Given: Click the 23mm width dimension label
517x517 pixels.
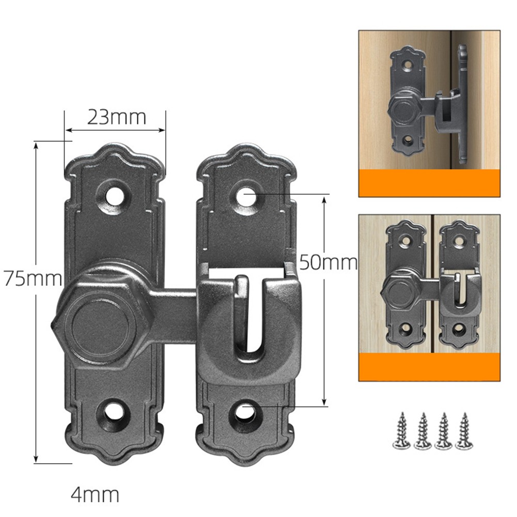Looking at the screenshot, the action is pyautogui.click(x=116, y=117).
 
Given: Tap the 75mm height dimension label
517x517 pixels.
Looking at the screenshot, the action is pyautogui.click(x=33, y=278).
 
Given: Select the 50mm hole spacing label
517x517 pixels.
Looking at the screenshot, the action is pyautogui.click(x=328, y=263).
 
